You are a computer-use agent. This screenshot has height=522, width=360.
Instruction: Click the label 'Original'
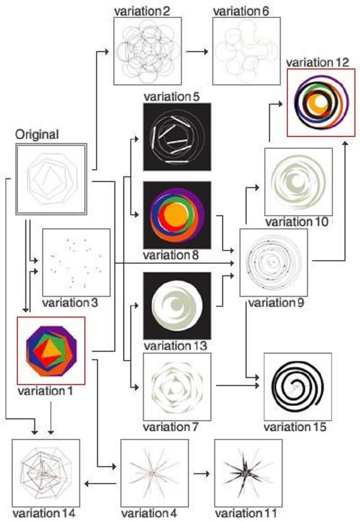(x=37, y=135)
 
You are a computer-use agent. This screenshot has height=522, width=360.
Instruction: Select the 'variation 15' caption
(x=294, y=427)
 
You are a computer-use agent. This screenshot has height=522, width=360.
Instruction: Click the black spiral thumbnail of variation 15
(x=298, y=386)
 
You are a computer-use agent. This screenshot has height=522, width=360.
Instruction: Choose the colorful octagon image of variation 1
(x=51, y=350)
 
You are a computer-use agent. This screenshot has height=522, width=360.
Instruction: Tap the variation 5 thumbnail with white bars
(x=177, y=136)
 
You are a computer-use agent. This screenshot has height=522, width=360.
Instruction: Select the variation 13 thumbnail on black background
(x=177, y=306)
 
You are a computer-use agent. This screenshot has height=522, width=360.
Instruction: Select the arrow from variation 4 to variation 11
(x=202, y=473)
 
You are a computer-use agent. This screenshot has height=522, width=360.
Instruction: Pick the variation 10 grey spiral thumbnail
(x=298, y=182)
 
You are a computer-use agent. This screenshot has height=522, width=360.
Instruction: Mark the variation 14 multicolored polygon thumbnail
(x=46, y=473)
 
